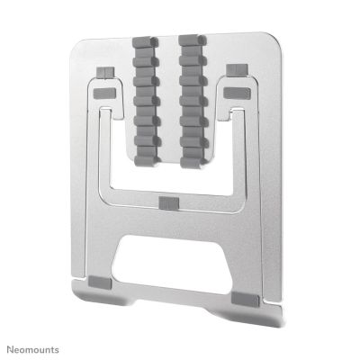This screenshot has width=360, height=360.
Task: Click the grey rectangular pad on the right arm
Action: pos(240,92)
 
